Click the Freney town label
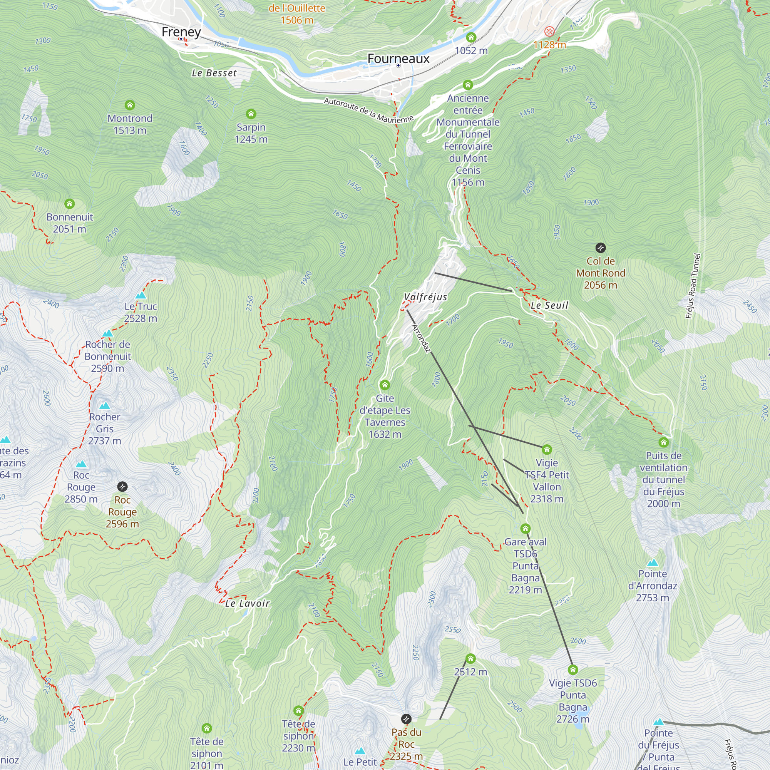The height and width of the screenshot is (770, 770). (181, 32)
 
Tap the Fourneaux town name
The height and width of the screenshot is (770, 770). (398, 59)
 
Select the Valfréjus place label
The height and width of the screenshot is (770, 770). (425, 297)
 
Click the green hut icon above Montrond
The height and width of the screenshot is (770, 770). (129, 105)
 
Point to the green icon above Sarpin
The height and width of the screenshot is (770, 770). (251, 114)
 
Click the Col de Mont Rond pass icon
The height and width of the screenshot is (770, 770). (600, 248)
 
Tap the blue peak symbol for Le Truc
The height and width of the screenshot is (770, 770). (140, 295)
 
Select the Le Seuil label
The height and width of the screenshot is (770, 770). (549, 305)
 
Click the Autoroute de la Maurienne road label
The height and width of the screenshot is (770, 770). (368, 110)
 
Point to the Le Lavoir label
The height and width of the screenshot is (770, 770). (247, 603)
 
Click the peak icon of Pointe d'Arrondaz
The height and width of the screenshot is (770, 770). (653, 563)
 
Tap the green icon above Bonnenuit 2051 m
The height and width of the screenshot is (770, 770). (69, 204)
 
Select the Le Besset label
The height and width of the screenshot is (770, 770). (214, 73)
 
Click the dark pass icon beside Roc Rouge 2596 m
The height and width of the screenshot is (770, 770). (122, 487)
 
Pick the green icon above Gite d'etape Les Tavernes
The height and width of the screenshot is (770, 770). (385, 385)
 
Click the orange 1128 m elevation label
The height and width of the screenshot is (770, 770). (550, 45)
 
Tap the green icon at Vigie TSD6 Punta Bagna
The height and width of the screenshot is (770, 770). (573, 670)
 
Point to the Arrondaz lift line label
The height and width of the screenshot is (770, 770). (421, 339)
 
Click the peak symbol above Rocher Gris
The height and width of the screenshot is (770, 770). (104, 406)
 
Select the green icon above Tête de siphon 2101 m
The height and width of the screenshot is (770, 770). (206, 728)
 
